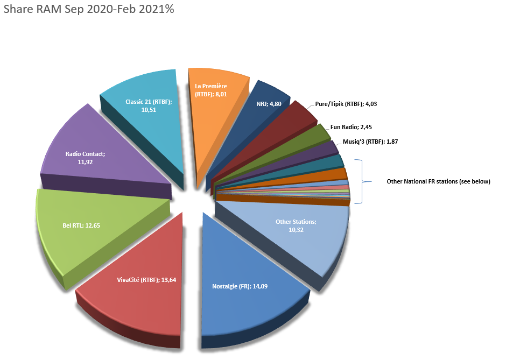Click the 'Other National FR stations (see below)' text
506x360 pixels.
(x=439, y=181)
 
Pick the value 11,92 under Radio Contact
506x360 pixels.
(x=85, y=161)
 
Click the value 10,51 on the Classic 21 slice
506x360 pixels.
(x=149, y=109)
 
